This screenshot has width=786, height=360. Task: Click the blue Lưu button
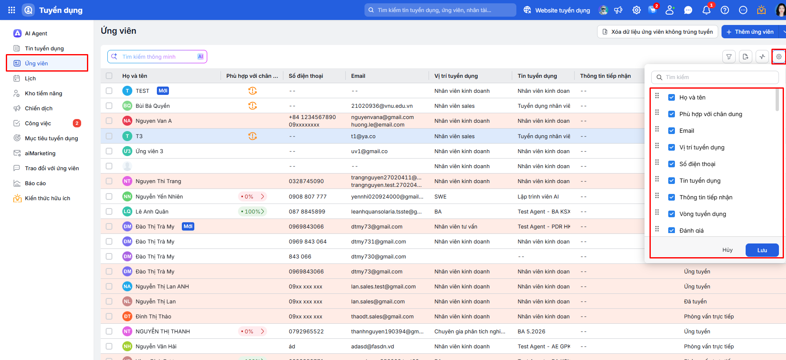762,250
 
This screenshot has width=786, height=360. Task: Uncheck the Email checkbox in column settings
672,131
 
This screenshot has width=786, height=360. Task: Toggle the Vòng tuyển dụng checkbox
672,214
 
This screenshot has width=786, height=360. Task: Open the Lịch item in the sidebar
30,78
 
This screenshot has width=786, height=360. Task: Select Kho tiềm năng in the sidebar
43,93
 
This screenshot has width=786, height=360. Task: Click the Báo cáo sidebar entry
35,183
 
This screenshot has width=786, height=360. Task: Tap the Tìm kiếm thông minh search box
157,57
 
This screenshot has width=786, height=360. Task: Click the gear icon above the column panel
779,57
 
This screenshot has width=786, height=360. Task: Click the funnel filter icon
729,57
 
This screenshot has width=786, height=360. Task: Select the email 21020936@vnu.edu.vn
382,106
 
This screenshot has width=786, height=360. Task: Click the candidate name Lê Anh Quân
152,211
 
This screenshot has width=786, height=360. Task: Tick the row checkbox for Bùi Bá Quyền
109,106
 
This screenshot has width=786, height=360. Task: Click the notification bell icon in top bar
707,10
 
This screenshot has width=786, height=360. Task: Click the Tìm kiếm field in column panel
715,77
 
